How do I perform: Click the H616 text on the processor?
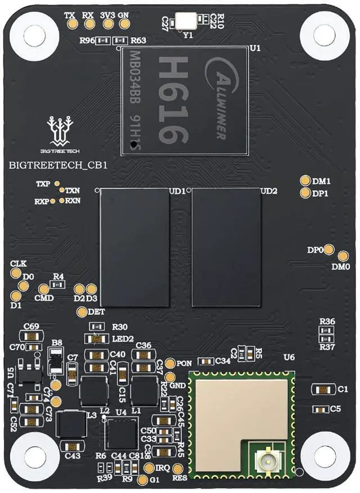pyautogui.click(x=172, y=100)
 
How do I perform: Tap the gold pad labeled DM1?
pyautogui.click(x=305, y=181)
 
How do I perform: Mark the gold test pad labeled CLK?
pyautogui.click(x=16, y=274)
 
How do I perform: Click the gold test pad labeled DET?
pyautogui.click(x=82, y=311)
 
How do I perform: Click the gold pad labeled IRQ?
pyautogui.click(x=149, y=468)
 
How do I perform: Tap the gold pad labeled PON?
pyautogui.click(x=172, y=364)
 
